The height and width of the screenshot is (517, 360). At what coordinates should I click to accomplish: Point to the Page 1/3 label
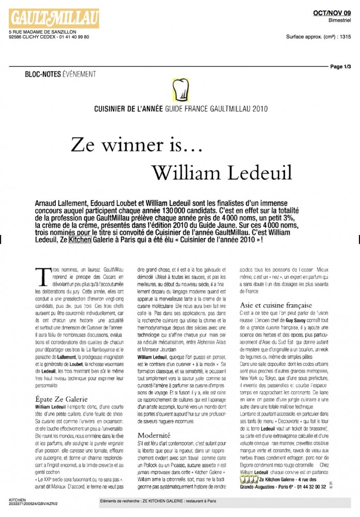click(340, 67)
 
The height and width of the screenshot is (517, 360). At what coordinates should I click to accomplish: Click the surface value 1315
click(346, 37)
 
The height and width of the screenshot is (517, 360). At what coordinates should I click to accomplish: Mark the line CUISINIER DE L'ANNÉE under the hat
click(125, 109)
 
